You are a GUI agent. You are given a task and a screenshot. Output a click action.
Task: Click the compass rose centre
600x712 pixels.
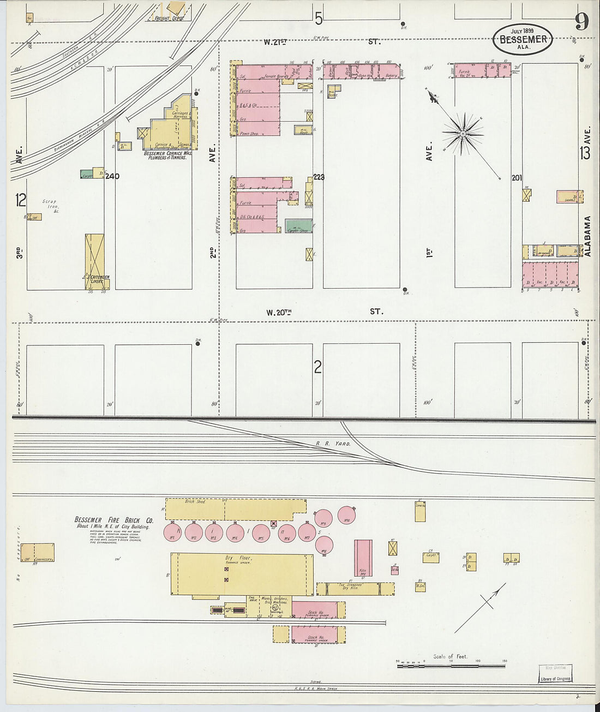463,133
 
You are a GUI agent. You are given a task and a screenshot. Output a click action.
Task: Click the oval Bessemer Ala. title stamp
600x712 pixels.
523,39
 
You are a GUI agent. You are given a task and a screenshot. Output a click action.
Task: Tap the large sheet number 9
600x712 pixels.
581,22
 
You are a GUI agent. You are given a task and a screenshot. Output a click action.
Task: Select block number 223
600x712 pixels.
319,177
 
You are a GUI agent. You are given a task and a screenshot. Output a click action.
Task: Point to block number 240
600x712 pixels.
112,176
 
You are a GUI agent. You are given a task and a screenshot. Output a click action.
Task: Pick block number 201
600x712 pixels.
517,178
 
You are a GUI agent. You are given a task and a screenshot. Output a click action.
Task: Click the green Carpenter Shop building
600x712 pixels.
299,226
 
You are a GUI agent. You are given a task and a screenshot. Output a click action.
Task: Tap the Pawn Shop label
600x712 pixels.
249,133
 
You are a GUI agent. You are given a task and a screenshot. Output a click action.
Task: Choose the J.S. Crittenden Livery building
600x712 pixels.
95,261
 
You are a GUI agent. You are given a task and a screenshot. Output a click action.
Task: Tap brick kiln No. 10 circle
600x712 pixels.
347,515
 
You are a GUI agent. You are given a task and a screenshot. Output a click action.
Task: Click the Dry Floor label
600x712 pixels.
238,558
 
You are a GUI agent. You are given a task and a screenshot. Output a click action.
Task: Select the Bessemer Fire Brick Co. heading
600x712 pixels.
114,520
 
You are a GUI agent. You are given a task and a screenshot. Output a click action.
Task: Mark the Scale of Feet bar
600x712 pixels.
451,665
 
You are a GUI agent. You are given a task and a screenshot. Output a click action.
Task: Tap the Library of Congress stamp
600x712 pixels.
556,679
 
